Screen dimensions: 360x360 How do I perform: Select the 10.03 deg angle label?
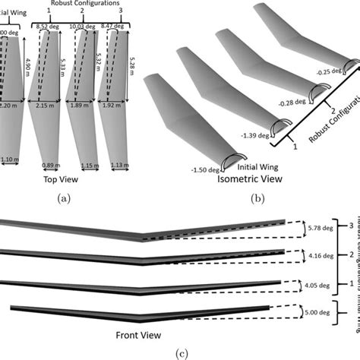pos(82,26)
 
